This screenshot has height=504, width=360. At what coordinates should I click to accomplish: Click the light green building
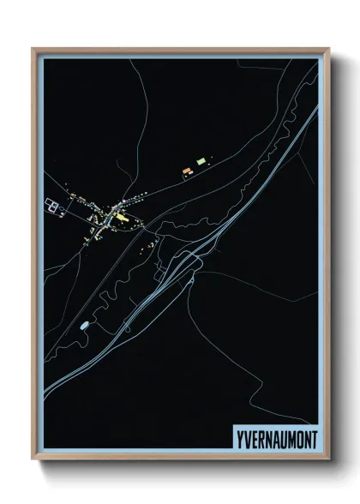pyautogui.click(x=201, y=160)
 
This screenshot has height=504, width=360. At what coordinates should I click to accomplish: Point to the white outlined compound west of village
pyautogui.click(x=52, y=205)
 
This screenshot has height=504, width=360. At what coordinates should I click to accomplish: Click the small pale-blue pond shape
pyautogui.click(x=84, y=326)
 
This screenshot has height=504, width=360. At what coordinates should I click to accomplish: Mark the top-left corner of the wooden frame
pyautogui.click(x=33, y=49)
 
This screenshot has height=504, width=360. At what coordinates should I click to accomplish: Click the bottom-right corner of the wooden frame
pyautogui.click(x=328, y=459)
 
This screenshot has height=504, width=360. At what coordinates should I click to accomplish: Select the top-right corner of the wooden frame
pyautogui.click(x=328, y=49)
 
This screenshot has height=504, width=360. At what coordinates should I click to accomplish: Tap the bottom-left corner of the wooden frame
pyautogui.click(x=33, y=459)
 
